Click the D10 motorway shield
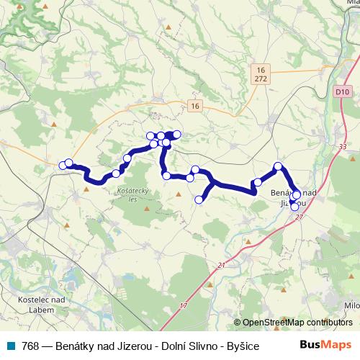point(343,92)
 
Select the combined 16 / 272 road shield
point(260,73)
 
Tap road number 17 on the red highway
point(183,307)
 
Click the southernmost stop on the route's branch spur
point(199,200)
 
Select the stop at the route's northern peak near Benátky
point(279,167)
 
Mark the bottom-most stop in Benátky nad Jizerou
point(294,207)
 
